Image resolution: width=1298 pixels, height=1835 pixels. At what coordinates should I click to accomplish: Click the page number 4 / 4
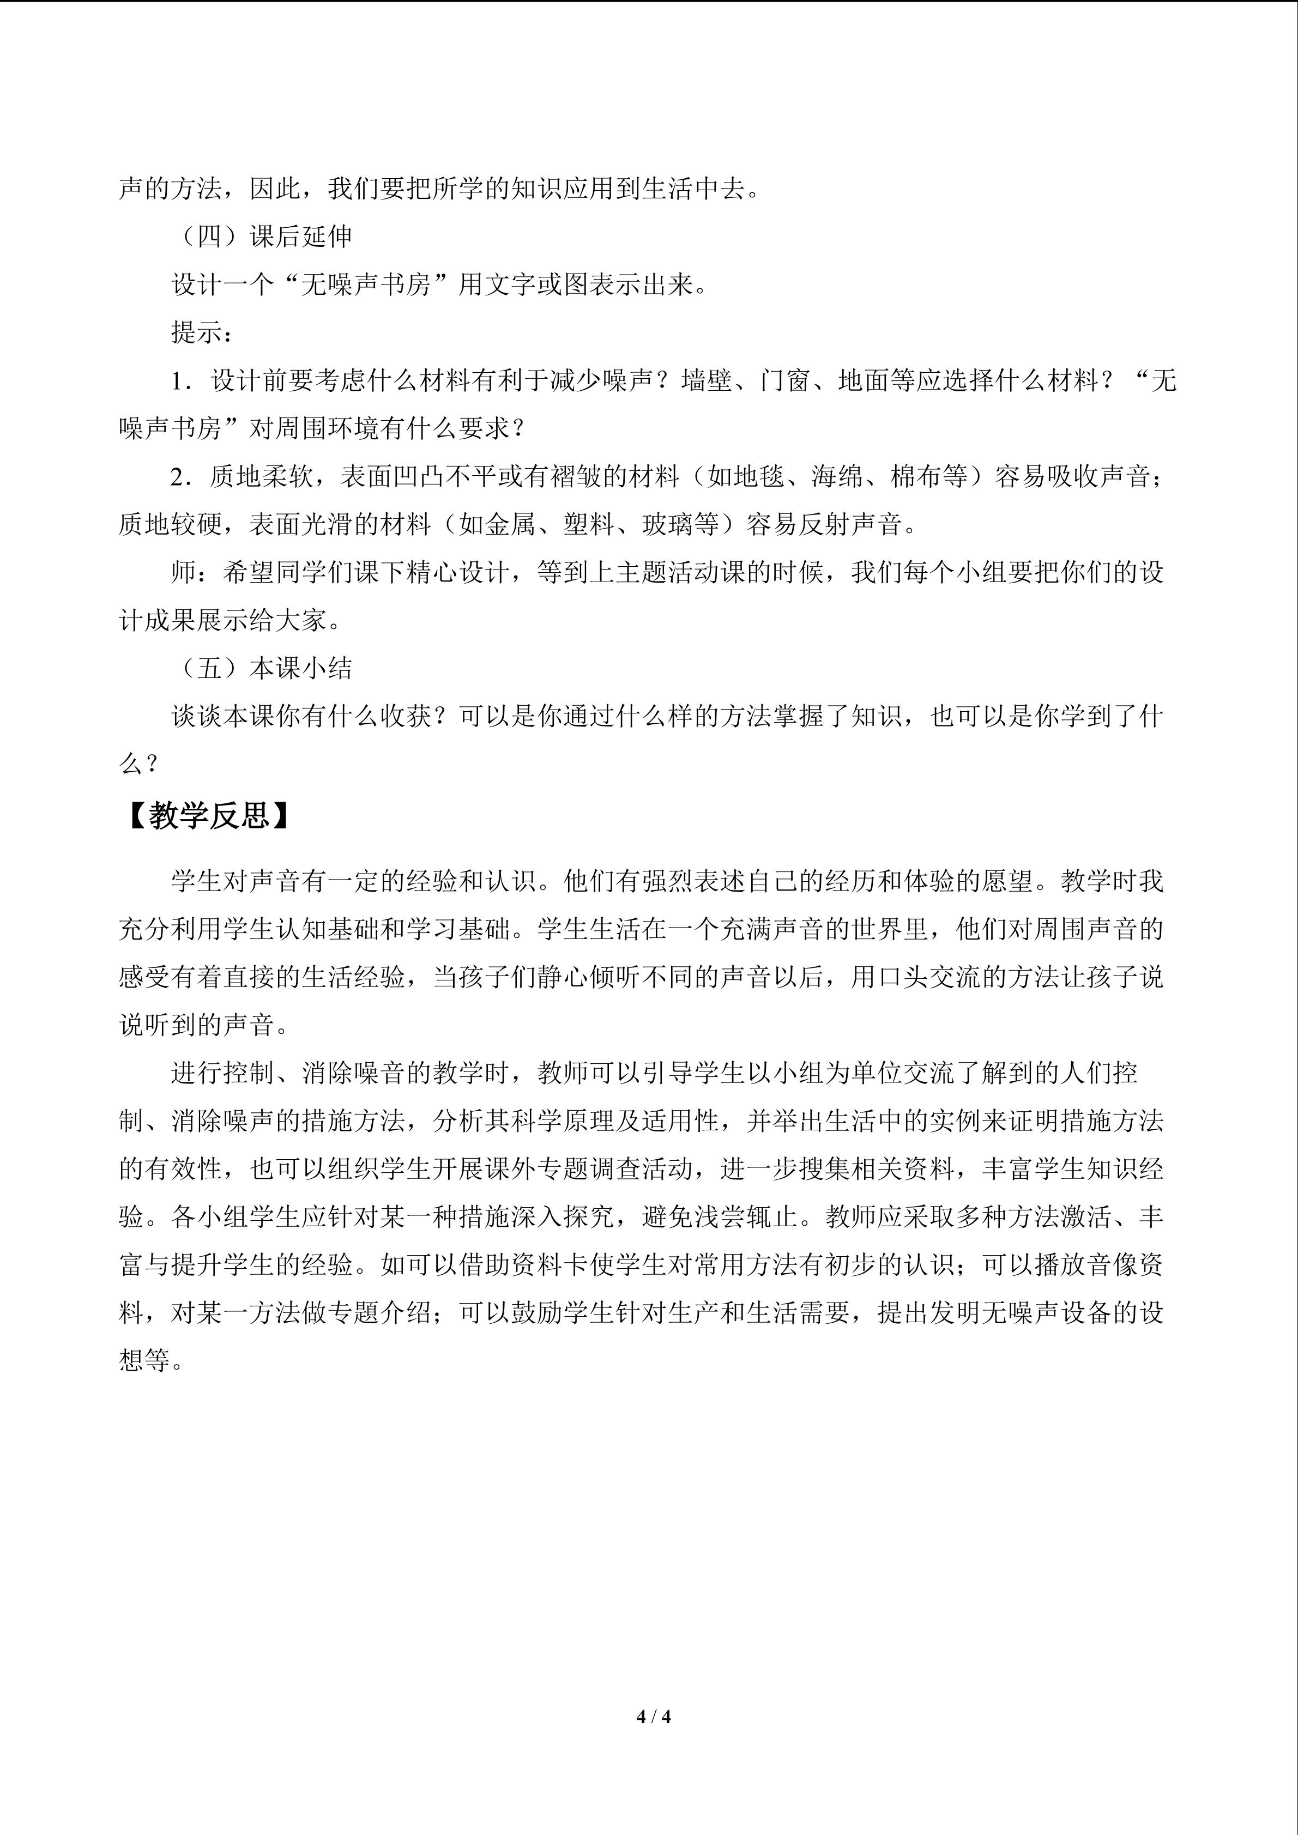653,1717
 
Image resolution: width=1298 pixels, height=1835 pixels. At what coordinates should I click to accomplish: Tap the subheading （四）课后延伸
262,237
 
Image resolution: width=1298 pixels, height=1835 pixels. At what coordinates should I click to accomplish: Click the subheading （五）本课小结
262,668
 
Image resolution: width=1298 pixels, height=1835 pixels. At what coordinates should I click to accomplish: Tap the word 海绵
837,476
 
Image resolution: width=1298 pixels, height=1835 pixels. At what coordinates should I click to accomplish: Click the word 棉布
916,476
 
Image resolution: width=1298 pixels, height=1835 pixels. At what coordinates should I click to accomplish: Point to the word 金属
511,524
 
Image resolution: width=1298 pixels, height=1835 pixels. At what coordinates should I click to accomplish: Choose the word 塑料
589,524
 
